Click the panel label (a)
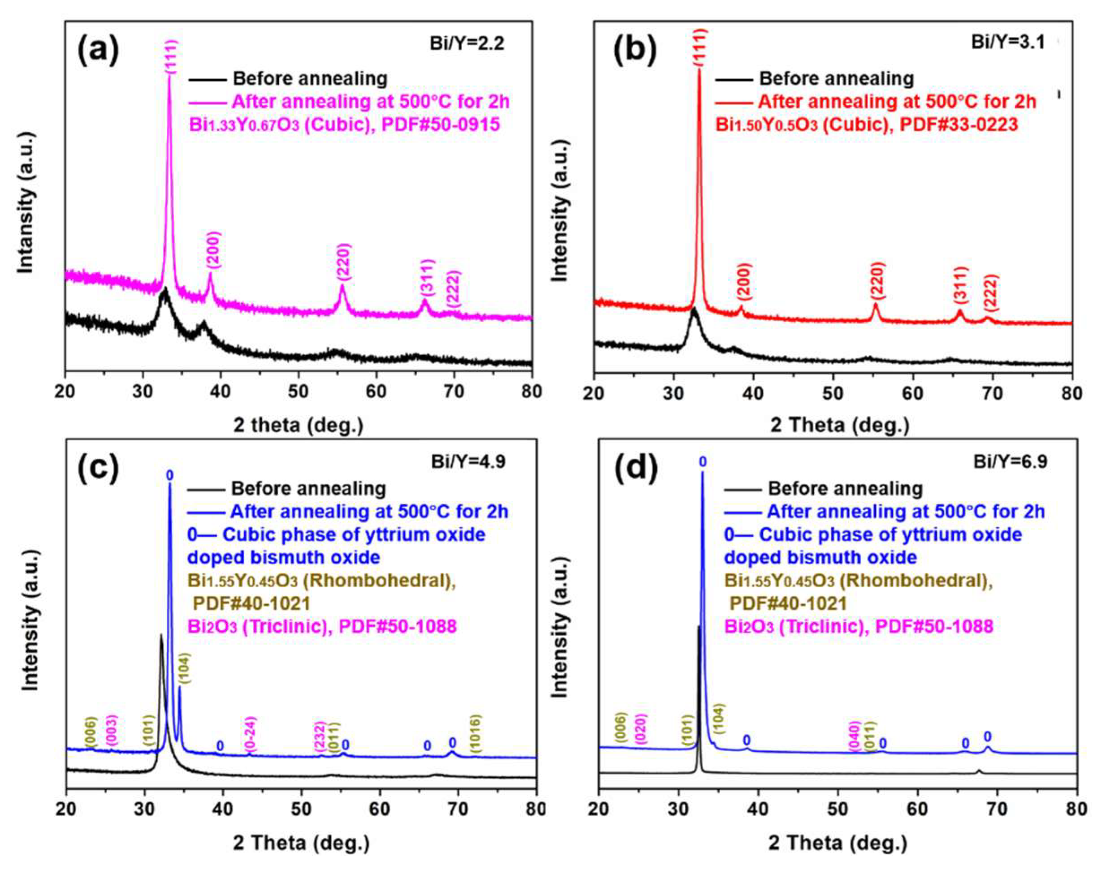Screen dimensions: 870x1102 [98, 50]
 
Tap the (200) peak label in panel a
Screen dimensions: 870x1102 [213, 250]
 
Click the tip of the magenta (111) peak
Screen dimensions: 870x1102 [170, 75]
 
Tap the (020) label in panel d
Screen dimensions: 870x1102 [641, 729]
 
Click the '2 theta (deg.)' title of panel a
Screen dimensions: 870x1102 [298, 425]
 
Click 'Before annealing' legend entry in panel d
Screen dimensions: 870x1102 [845, 488]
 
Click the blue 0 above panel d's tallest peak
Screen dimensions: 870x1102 [703, 462]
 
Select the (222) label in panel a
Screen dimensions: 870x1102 [453, 289]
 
